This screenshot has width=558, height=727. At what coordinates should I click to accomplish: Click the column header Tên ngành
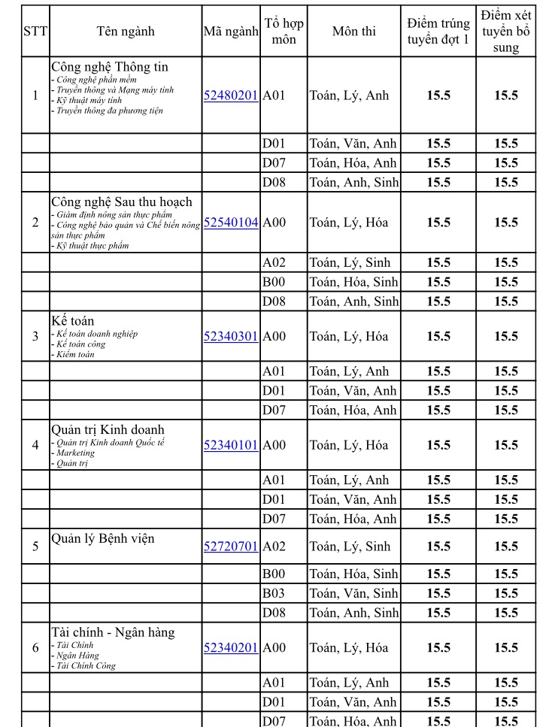point(126,32)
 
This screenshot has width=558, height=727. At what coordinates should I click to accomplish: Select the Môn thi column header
point(353,32)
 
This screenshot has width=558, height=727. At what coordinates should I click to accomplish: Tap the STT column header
point(35,32)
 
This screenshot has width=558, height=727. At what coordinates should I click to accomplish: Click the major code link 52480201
point(231,95)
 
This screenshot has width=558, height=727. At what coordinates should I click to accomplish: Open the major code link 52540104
point(231,223)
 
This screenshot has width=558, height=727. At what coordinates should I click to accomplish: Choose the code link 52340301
point(231,336)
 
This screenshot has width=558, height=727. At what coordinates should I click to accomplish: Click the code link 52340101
point(231,445)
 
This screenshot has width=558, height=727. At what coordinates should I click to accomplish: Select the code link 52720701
point(231,547)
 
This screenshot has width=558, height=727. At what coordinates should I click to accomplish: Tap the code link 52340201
point(231,648)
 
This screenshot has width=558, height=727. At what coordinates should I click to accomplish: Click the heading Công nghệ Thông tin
point(110,67)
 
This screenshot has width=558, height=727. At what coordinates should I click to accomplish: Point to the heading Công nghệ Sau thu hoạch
point(122,201)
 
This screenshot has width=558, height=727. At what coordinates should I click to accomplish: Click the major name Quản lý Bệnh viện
point(103,538)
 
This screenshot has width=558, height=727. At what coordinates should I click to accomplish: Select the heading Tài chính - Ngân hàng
point(113,632)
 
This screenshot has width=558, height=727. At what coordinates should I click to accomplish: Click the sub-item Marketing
point(74,453)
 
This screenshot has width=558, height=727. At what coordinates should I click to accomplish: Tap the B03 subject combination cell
point(274,594)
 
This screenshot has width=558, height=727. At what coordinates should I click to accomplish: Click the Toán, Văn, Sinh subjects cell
point(353,594)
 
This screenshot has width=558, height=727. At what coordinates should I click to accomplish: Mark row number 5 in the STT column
point(35,547)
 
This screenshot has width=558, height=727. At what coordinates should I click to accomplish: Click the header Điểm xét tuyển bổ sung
point(505,32)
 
